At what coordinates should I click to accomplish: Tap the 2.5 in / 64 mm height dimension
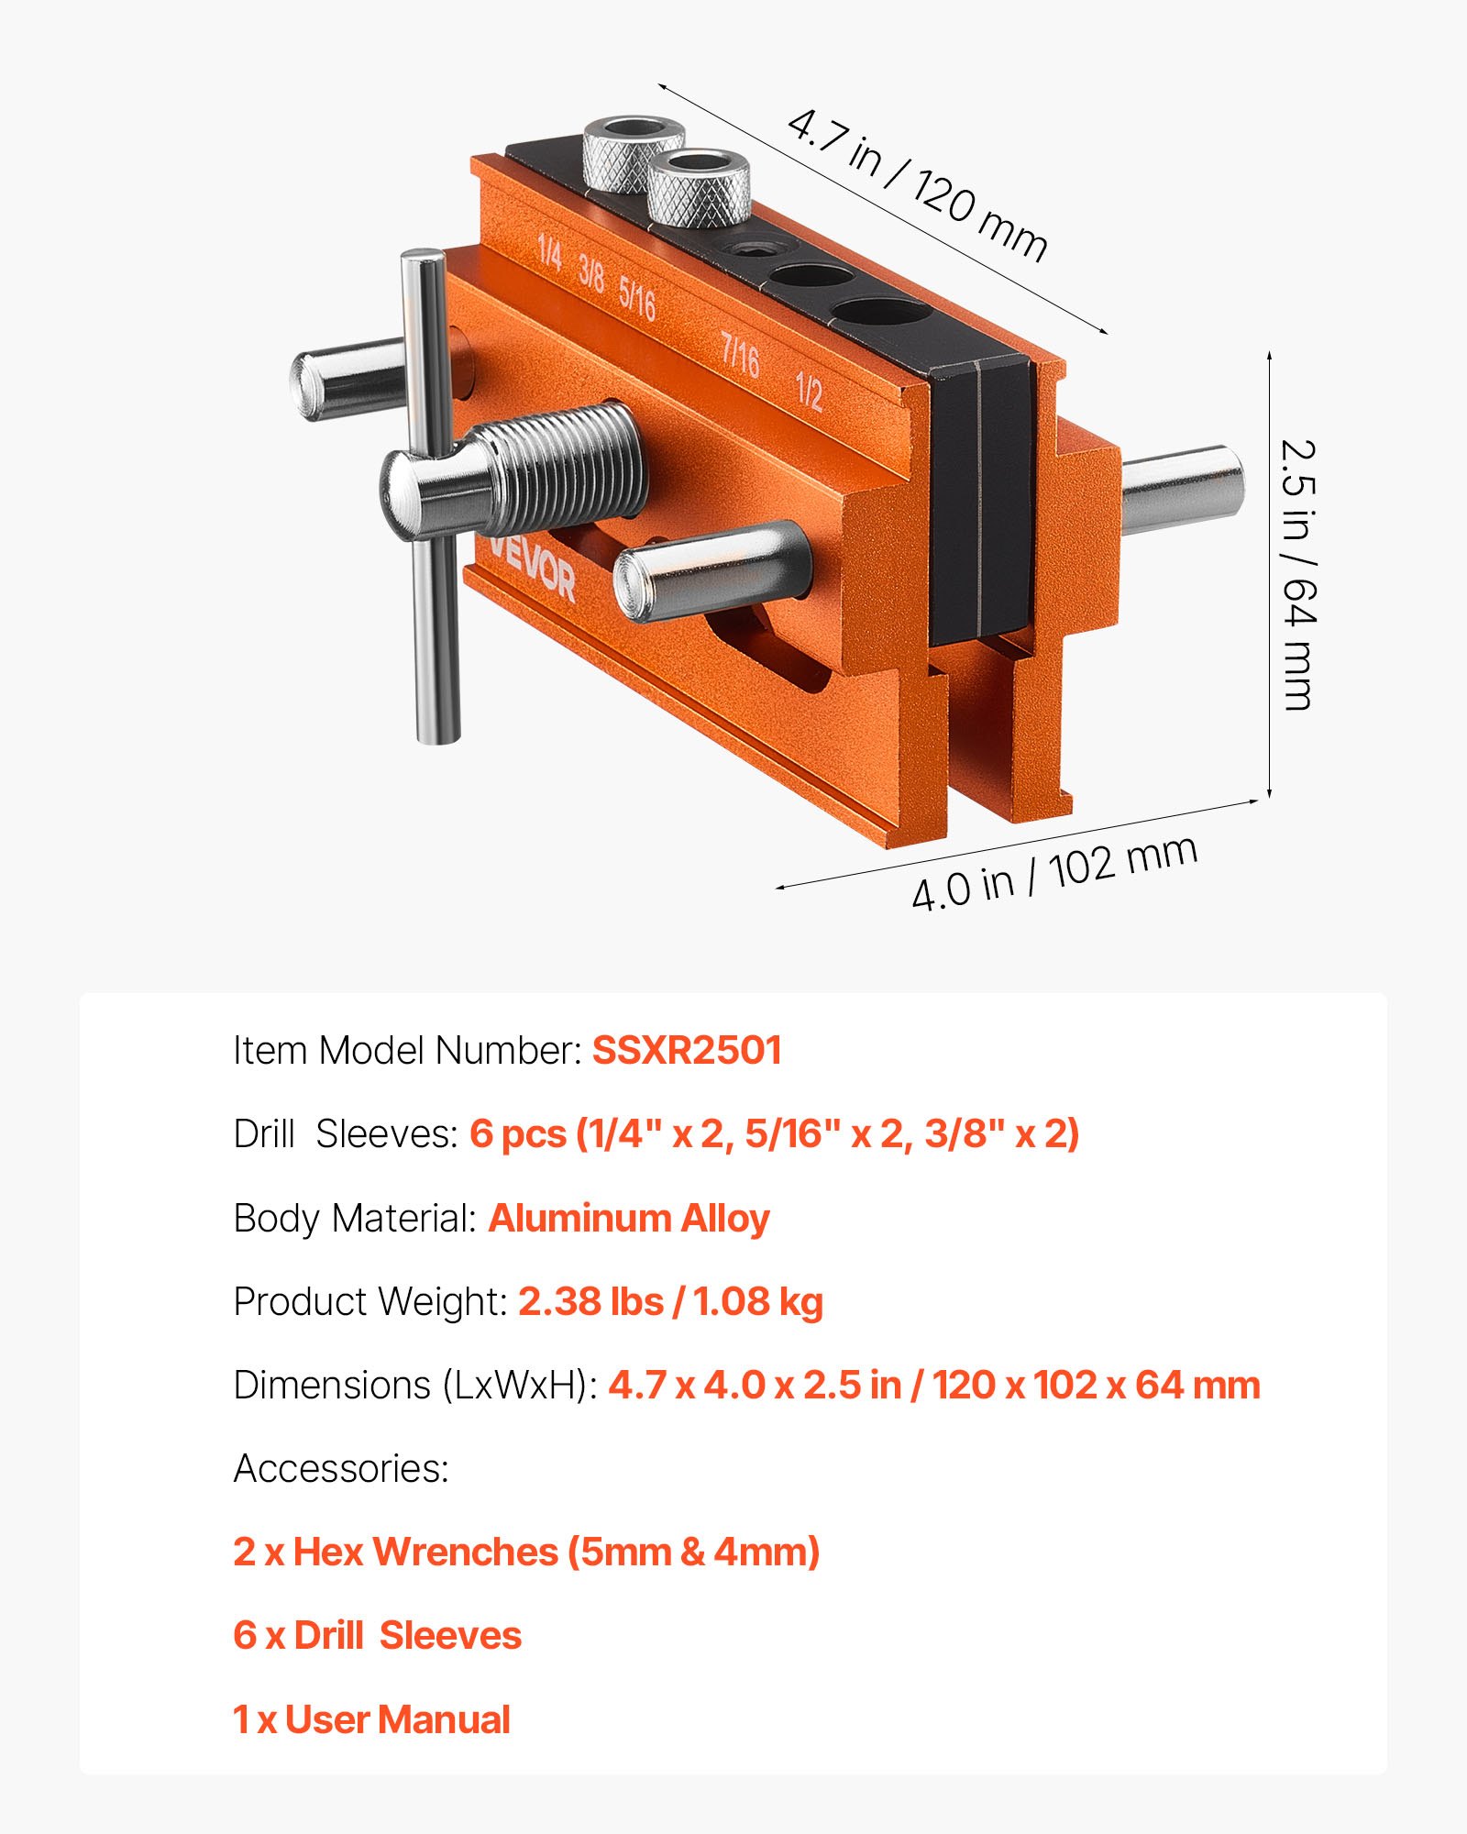coord(1298,575)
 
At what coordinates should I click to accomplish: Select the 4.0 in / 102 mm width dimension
coord(1054,873)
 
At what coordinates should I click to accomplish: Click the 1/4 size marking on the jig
coord(549,251)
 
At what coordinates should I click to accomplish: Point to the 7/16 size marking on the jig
coord(740,355)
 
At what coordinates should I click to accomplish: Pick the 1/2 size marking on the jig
coord(809,392)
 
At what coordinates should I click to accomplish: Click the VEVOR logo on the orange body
coord(532,569)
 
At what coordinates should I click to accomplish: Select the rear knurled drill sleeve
coord(634,151)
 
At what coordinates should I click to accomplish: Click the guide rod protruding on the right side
coord(1183,489)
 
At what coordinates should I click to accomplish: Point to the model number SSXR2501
coord(687,1051)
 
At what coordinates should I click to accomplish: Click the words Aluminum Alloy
coord(629,1219)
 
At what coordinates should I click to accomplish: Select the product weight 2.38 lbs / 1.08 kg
coord(670,1302)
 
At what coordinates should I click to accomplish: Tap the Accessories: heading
coord(341,1469)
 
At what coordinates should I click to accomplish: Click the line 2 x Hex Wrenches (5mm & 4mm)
coord(526,1552)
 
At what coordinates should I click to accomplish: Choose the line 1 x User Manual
coord(371,1720)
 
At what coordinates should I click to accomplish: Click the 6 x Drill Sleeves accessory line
coord(377,1636)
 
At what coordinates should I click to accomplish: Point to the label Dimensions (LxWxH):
coord(414,1386)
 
